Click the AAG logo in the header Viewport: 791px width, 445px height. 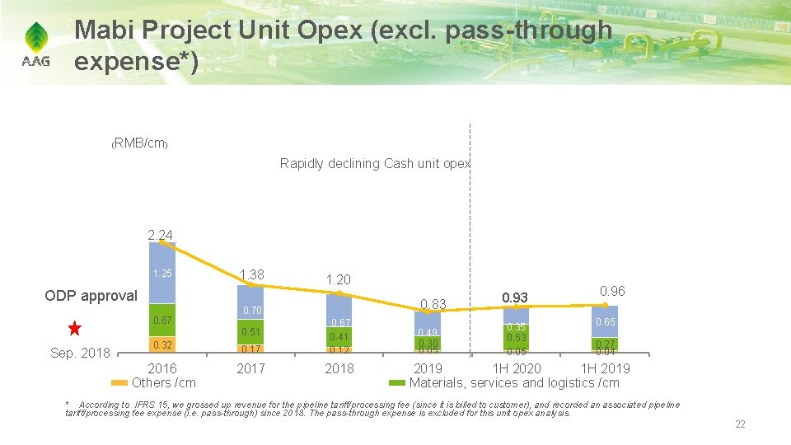tap(35, 45)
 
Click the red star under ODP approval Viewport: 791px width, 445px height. tap(75, 330)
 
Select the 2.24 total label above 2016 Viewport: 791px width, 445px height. tap(160, 236)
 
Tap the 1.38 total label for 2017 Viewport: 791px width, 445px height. tap(251, 274)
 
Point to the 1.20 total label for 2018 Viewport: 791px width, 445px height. tap(339, 280)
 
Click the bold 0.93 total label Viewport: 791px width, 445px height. tap(516, 296)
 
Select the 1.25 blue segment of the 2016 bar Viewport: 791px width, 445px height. tap(161, 274)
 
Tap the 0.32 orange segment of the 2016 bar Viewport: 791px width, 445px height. tap(161, 344)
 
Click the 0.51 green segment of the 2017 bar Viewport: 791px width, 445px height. tap(250, 332)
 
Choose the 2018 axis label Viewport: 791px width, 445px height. tap(339, 368)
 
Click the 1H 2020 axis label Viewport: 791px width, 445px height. tap(516, 368)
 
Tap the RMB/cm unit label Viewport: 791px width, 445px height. tap(140, 144)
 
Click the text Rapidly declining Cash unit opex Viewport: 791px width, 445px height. tap(375, 163)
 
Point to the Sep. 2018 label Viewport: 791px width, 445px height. tap(81, 353)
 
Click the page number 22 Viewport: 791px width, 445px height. tap(739, 424)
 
